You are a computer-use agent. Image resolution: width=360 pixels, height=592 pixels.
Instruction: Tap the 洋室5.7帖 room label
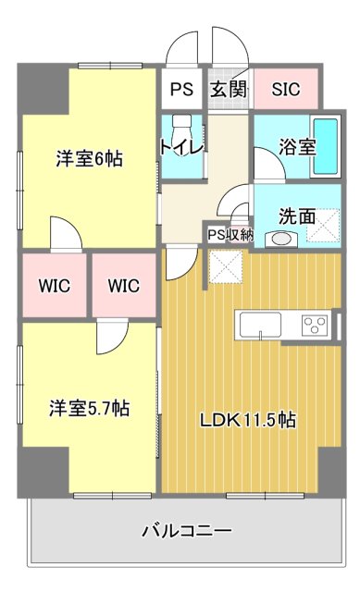(x=89, y=408)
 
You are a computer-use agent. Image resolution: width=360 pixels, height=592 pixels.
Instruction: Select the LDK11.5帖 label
(x=249, y=420)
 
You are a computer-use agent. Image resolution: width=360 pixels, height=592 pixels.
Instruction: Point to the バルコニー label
(x=186, y=531)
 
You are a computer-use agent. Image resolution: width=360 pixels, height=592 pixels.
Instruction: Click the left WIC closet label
(x=55, y=286)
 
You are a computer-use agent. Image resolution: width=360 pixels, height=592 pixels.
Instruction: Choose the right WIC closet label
(x=123, y=286)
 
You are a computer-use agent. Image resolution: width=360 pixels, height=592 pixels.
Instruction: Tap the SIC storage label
(x=285, y=90)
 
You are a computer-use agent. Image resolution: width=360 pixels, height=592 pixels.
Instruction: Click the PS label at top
(x=181, y=90)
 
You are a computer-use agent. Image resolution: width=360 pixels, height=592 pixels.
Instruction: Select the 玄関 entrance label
(x=227, y=90)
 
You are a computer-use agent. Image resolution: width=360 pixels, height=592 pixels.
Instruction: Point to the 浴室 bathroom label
(x=298, y=146)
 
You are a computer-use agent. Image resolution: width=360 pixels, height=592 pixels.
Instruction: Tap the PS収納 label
(x=230, y=235)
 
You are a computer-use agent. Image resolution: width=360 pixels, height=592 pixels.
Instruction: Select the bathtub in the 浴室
(x=326, y=145)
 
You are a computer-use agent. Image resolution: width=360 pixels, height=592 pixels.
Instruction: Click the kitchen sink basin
(x=260, y=325)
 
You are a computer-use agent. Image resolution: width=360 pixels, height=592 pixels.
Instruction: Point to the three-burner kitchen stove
(x=315, y=325)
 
